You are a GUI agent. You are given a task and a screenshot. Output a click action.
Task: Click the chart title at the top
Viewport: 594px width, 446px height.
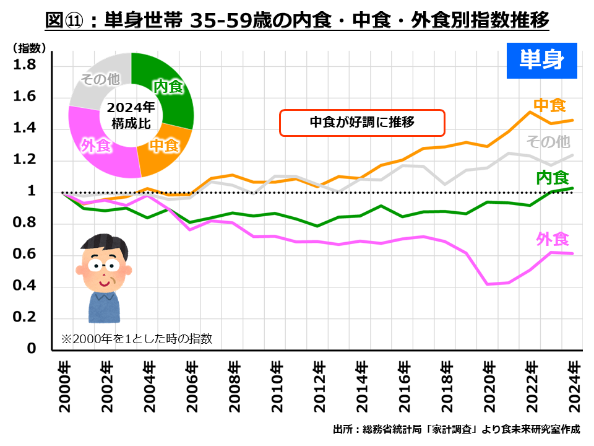(x=298, y=21)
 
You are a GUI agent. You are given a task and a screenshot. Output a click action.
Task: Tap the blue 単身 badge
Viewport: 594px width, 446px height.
(x=541, y=60)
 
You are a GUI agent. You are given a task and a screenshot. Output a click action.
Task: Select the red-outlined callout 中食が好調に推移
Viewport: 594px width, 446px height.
(x=362, y=123)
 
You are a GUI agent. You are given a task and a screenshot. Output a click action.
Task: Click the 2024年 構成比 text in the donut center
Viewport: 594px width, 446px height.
(x=131, y=115)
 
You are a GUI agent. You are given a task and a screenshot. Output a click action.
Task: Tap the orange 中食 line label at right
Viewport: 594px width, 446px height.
(x=549, y=105)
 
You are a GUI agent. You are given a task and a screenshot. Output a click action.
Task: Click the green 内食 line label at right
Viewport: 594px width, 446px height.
(x=552, y=178)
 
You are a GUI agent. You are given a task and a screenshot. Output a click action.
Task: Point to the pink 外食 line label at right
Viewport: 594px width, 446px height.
(x=552, y=238)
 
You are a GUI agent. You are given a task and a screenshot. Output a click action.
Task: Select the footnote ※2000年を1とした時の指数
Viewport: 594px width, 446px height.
(x=136, y=339)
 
